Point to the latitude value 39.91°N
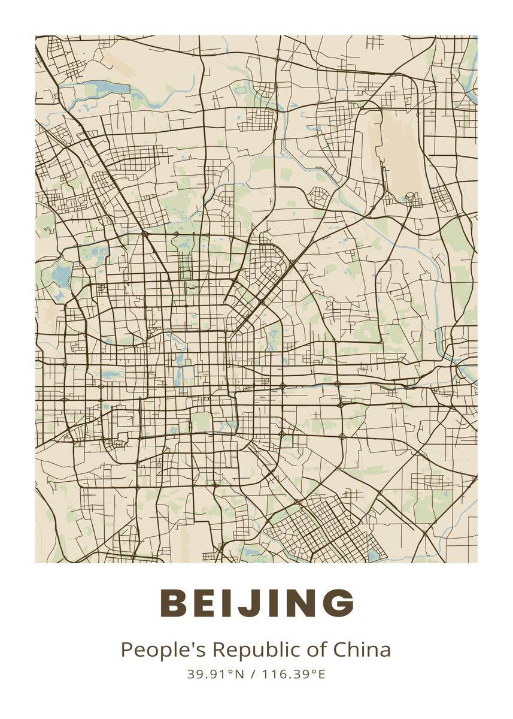[x=215, y=674]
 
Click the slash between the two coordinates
[x=253, y=674]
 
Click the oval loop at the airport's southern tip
[x=411, y=198]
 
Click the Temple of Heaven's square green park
[x=202, y=421]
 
